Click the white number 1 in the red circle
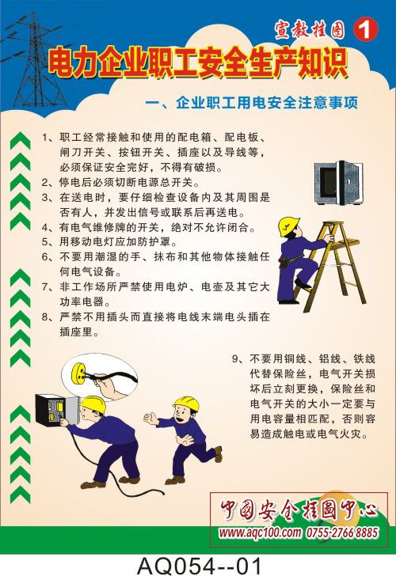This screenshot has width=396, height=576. (365, 30)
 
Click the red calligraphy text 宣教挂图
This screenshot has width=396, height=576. (310, 30)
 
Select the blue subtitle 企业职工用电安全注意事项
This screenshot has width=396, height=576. (267, 103)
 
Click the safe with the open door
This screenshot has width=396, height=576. (339, 183)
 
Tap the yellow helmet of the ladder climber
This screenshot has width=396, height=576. (288, 226)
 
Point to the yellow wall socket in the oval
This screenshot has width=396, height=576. (79, 373)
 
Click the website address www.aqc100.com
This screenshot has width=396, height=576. (260, 532)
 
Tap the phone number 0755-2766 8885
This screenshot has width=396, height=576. (342, 532)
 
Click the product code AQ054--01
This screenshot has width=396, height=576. (199, 566)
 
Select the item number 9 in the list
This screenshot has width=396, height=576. (236, 359)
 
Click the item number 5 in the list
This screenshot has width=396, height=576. (45, 242)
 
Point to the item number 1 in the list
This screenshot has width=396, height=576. (45, 138)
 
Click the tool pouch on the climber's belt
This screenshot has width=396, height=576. (284, 262)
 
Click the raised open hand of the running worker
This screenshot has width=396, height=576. (150, 419)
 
